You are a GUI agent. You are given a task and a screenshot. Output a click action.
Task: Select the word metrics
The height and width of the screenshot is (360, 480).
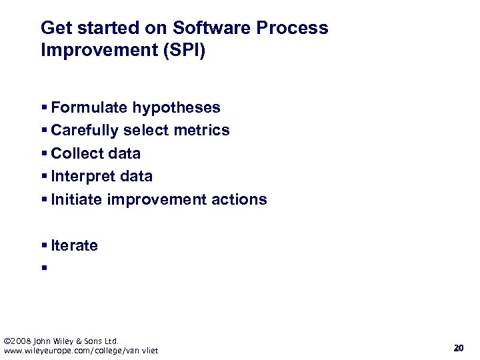[x=203, y=130]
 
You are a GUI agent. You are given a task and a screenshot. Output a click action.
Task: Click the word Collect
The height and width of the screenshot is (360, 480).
[x=75, y=153]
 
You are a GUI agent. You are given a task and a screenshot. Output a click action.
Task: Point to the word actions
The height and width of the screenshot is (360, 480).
[x=240, y=199]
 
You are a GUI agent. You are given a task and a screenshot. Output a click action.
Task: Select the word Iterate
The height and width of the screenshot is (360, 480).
[x=74, y=245]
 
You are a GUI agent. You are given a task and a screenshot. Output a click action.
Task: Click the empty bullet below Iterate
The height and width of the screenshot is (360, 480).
[x=43, y=269]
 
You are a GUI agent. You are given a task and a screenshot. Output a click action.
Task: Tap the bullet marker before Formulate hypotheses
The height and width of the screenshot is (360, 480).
[x=43, y=108]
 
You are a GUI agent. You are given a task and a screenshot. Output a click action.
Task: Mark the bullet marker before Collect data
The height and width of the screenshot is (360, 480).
[x=43, y=154]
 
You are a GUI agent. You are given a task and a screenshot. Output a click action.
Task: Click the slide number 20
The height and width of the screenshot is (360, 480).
[x=458, y=348]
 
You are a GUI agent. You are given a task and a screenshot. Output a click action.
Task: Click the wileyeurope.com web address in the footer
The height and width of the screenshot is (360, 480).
[x=81, y=351]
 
